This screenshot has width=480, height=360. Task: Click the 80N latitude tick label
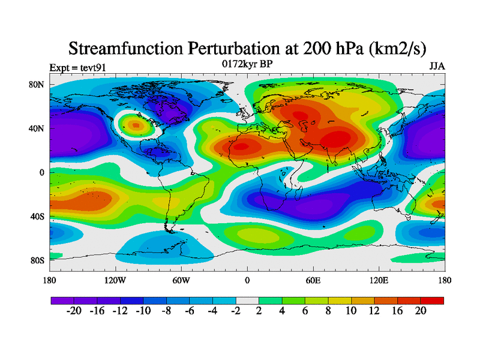[x=37, y=85]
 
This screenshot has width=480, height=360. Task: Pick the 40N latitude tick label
[x=37, y=128]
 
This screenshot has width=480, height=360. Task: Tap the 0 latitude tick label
[x=42, y=173]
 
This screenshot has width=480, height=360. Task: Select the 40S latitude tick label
[x=37, y=217]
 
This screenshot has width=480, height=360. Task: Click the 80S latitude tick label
[x=37, y=260]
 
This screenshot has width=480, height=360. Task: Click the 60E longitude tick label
[x=313, y=280]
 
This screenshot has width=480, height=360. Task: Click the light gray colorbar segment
[x=247, y=300]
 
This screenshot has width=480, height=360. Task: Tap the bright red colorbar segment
[x=432, y=300]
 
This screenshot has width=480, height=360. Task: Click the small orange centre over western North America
[x=136, y=125]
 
